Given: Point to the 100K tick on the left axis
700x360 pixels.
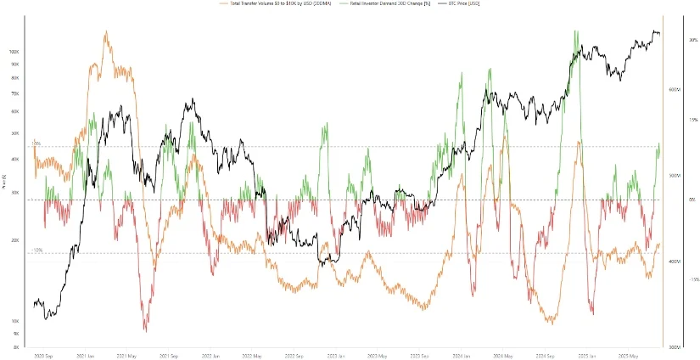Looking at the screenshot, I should [x=14, y=51].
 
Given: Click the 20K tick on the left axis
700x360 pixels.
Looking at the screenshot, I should [x=14, y=240].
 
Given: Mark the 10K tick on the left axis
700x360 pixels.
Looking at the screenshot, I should [x=14, y=321].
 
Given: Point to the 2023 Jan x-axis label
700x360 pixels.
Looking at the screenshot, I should [x=333, y=356].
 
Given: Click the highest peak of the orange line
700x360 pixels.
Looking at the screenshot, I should [x=105, y=32].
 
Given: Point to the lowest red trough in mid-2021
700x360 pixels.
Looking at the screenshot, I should [x=145, y=329].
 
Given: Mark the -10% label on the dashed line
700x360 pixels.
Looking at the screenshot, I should [x=37, y=250].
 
